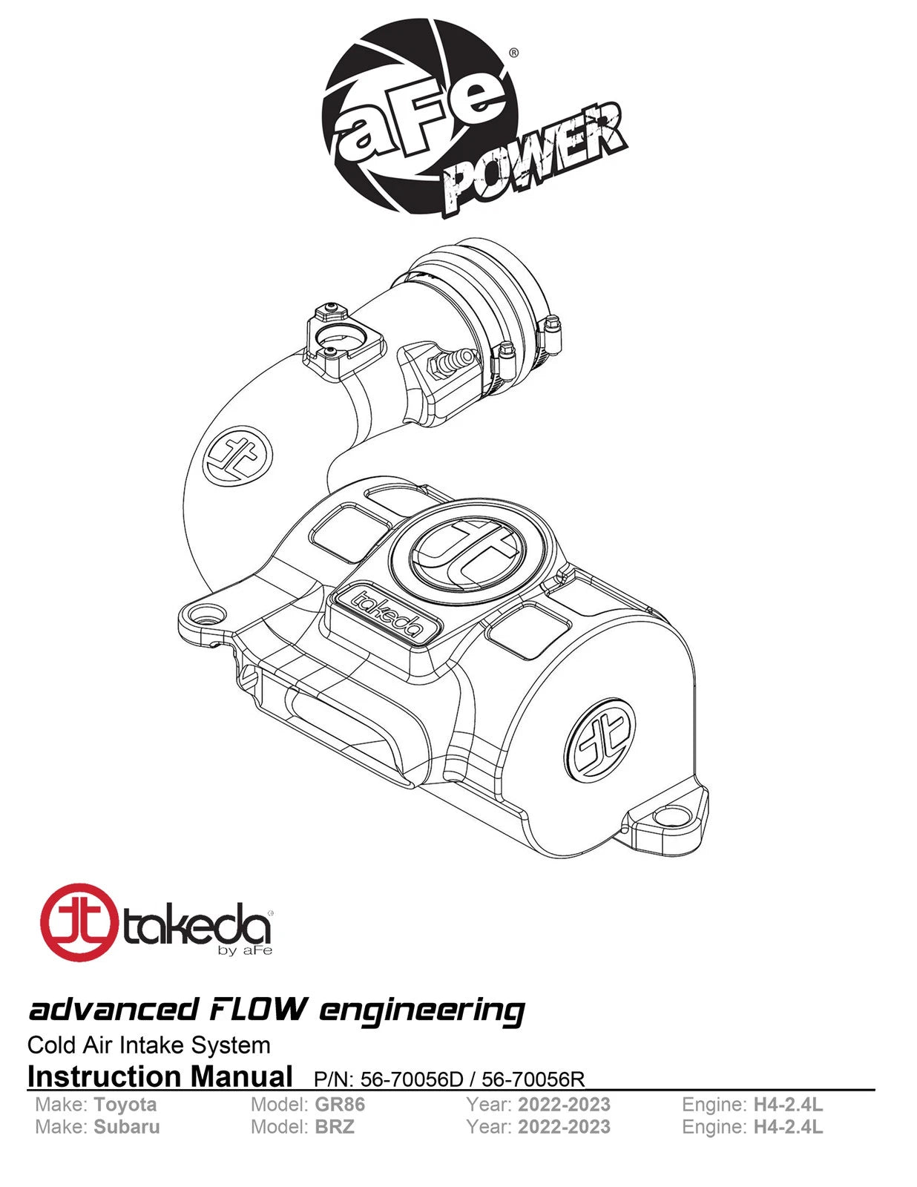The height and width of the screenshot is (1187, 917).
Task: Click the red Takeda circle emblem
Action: coord(79,923)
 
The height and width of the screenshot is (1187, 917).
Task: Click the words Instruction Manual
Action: coord(160,1076)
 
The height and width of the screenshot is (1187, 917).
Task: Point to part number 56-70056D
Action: coord(412,1079)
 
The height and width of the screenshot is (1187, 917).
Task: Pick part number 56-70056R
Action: coord(533,1079)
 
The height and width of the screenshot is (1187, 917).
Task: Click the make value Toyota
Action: coord(125,1105)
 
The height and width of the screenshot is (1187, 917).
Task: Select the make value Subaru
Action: coord(127,1127)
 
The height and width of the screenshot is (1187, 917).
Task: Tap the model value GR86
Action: coord(340,1105)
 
